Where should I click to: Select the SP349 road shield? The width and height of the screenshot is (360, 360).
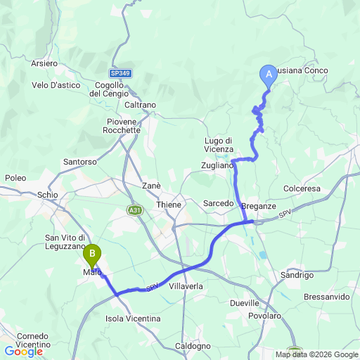pyautogui.click(x=121, y=73)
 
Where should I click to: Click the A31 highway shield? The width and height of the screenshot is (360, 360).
pyautogui.click(x=136, y=210)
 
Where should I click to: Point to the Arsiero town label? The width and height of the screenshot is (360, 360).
pyautogui.click(x=44, y=63)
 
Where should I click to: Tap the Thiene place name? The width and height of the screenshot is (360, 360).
pyautogui.click(x=169, y=205)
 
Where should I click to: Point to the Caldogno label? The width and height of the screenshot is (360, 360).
pyautogui.click(x=192, y=345)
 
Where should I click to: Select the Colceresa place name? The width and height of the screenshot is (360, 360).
pyautogui.click(x=302, y=188)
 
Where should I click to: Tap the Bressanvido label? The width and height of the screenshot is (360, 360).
pyautogui.click(x=327, y=297)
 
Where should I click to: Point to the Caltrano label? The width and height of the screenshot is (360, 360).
pyautogui.click(x=140, y=105)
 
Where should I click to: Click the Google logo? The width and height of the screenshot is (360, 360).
pyautogui.click(x=24, y=352)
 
